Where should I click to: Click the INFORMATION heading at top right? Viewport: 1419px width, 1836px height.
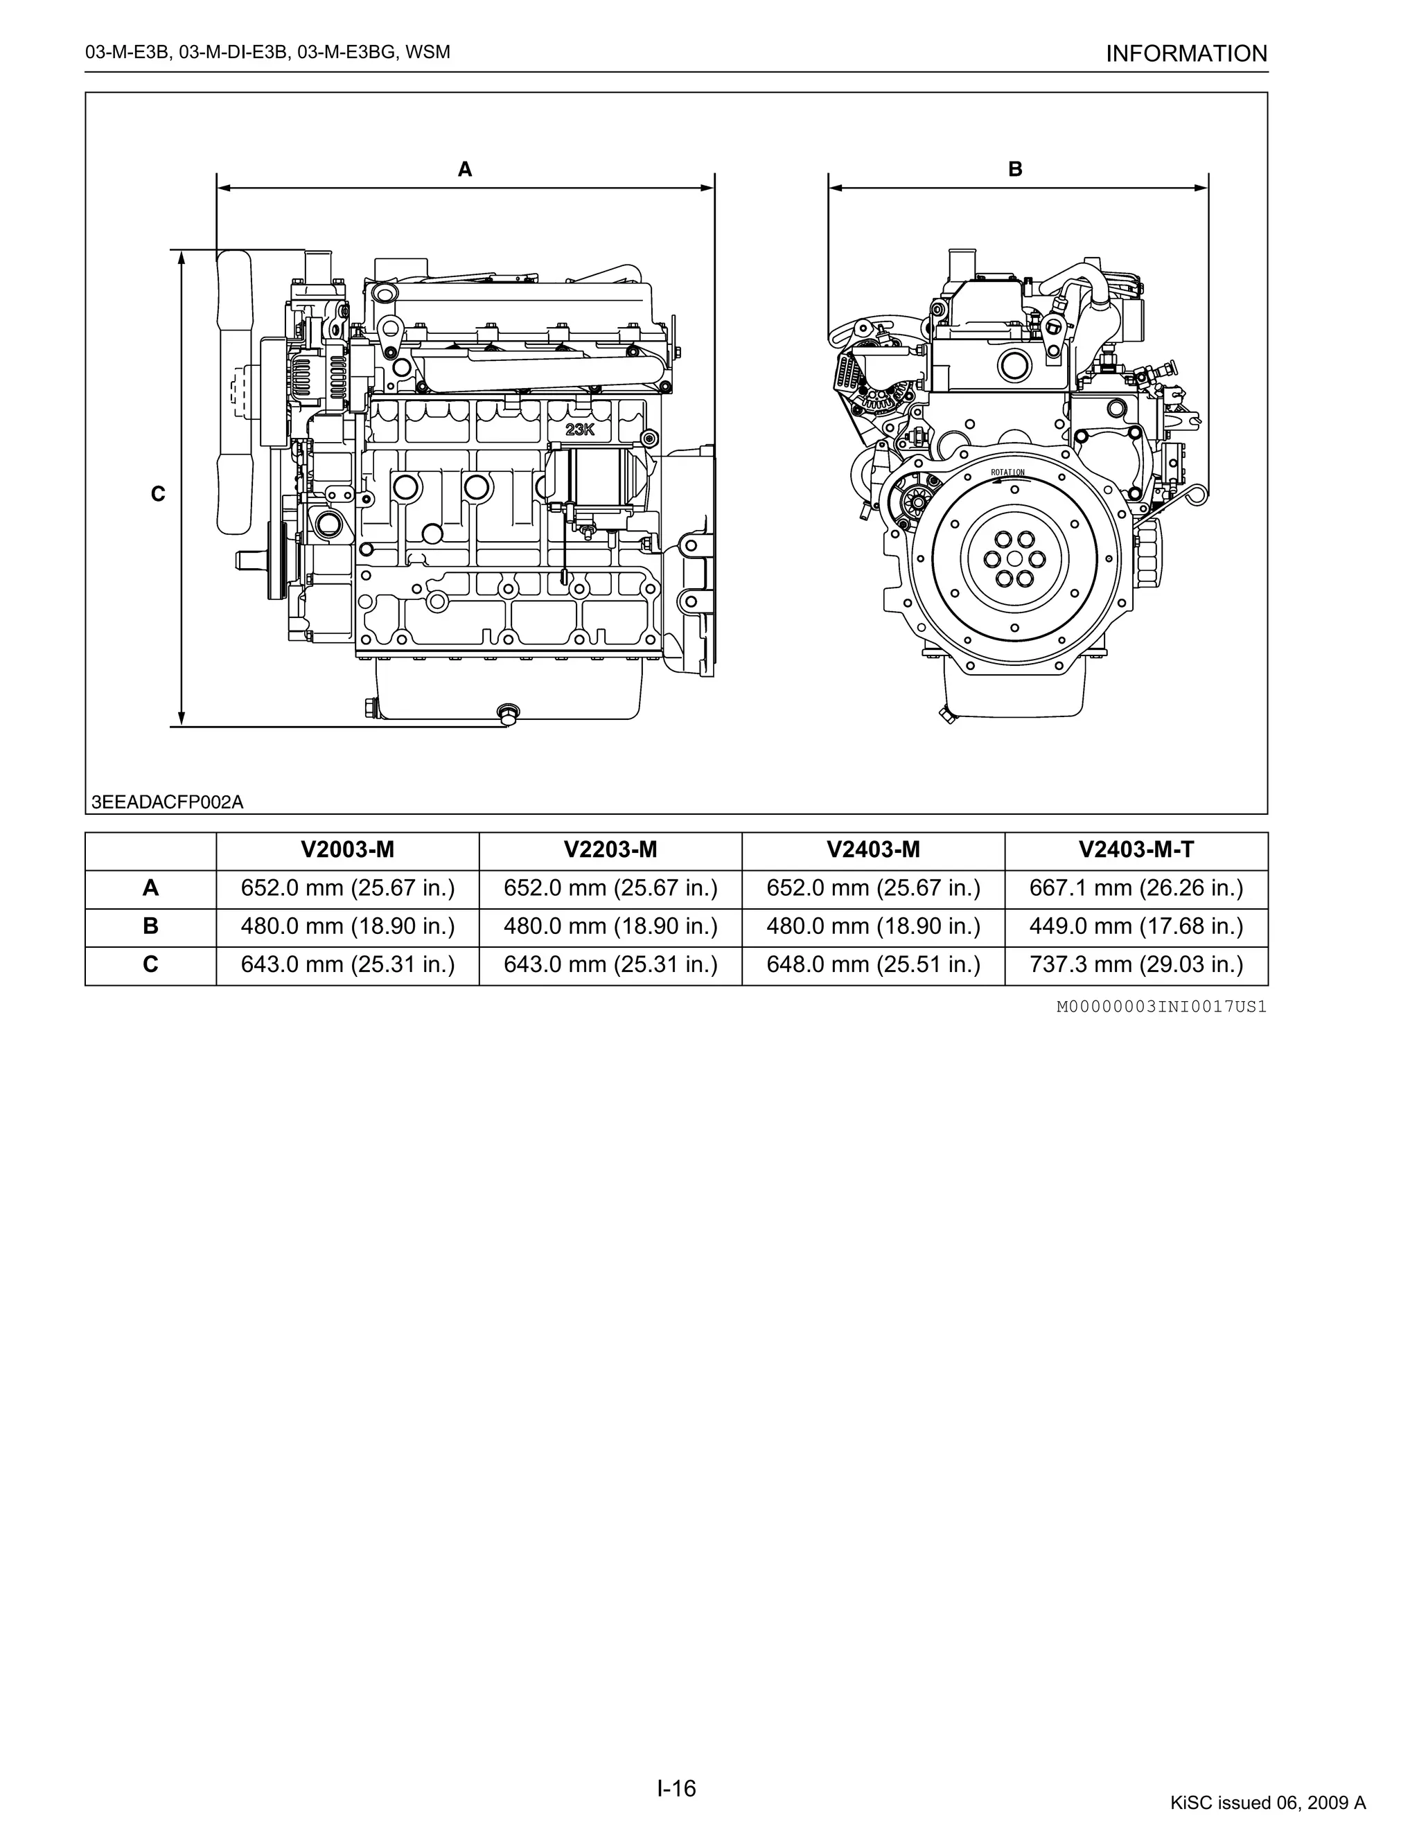[x=1186, y=54]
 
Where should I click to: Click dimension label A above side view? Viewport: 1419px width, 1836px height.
[x=465, y=170]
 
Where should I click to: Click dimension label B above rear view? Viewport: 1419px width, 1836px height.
[x=1014, y=169]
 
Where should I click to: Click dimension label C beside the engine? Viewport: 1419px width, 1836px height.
[x=158, y=494]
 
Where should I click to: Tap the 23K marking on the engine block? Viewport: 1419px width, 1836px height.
[x=580, y=430]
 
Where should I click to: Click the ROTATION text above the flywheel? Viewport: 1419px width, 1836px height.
[x=1007, y=473]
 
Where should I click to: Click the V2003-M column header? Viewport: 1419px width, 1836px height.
[x=347, y=850]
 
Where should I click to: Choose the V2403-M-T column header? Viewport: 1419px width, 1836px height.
[x=1136, y=850]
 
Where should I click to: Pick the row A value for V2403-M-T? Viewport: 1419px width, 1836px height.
[x=1136, y=888]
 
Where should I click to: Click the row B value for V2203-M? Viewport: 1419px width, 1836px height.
[x=610, y=926]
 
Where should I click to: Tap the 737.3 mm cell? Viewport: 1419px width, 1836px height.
[x=1136, y=964]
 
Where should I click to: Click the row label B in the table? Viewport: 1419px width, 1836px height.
[x=150, y=926]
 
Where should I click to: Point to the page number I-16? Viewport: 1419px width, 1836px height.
[x=677, y=1788]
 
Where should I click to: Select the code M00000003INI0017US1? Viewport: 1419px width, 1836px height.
[x=1161, y=1006]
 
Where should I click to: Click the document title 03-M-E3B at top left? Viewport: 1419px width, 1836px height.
[x=267, y=53]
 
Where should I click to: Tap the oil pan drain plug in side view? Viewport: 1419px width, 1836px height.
[x=508, y=714]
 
